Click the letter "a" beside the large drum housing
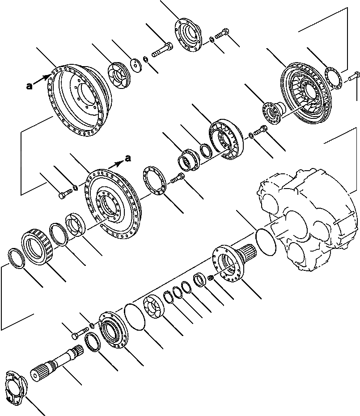[30, 86]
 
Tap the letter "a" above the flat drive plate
[128, 157]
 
